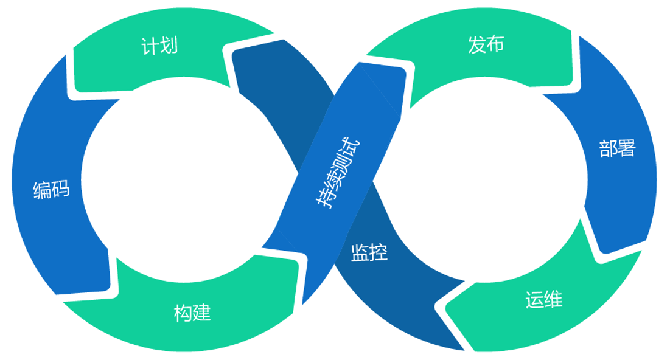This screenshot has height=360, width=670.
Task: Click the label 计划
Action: (159, 46)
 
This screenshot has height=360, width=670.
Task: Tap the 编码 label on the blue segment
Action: (51, 190)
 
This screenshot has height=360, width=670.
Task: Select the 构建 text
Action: (192, 314)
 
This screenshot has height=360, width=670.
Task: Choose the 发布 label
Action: (486, 44)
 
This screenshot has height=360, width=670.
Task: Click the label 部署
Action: (617, 148)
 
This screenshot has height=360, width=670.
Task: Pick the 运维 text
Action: (543, 299)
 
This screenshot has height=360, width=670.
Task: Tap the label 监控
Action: (369, 252)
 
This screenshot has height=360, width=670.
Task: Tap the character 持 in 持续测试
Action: (324, 199)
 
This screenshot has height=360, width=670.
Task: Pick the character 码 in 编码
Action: (60, 190)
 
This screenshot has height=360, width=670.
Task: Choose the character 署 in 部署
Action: (626, 148)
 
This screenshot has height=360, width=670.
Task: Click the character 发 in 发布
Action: (477, 44)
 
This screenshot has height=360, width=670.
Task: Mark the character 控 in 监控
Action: (379, 252)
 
